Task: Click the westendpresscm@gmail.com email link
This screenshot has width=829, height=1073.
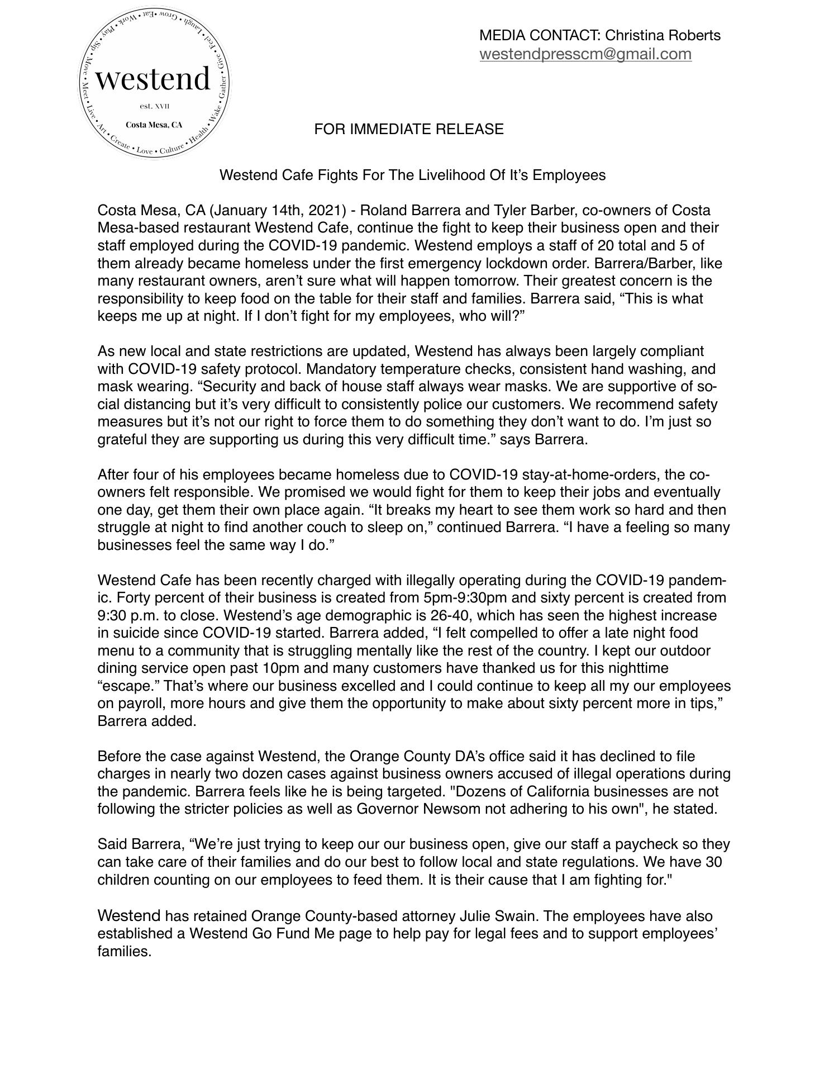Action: (x=585, y=54)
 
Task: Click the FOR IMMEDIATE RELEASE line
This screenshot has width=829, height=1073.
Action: (x=408, y=130)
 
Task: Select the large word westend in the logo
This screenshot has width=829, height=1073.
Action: (x=153, y=79)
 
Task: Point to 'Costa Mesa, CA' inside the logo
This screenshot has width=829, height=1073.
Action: (x=154, y=125)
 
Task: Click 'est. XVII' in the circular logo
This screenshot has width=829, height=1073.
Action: (x=154, y=106)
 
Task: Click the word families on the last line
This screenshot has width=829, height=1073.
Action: (x=124, y=952)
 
